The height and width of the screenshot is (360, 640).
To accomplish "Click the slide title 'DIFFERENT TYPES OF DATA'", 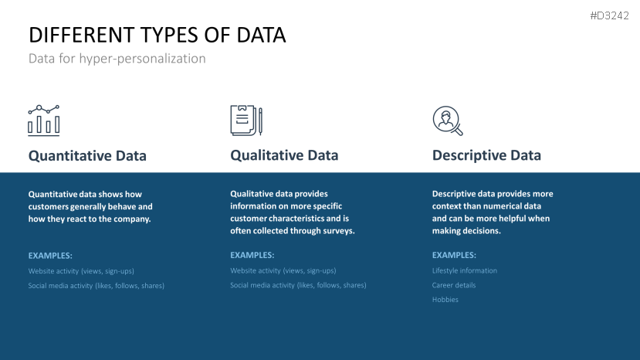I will coord(157,35).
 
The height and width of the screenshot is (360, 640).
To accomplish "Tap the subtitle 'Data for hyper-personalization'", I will coord(117,59).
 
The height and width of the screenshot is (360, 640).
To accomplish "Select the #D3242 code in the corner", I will coord(615,15).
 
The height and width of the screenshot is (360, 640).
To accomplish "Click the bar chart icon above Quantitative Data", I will coord(44,121).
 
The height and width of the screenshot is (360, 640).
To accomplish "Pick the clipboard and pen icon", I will coord(246,121).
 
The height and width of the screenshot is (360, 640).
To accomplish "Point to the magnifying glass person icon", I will coord(447,121).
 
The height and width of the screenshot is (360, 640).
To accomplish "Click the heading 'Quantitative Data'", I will coord(87,156).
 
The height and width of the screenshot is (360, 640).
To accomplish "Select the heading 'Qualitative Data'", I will coord(284,155).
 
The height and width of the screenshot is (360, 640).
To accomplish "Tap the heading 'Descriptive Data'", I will coord(486,156).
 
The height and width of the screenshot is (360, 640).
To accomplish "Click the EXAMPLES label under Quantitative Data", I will coord(50,255).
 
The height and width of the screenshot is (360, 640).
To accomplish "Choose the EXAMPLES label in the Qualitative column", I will coord(252,255).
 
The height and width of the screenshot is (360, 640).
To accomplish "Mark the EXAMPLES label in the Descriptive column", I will coord(454,255).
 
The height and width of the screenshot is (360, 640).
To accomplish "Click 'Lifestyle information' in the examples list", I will coord(465,271).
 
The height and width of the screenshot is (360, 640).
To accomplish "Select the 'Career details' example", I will coord(454,285).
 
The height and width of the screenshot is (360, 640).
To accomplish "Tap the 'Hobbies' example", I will coord(445,300).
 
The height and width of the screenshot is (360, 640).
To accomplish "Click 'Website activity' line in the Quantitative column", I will coord(86,271).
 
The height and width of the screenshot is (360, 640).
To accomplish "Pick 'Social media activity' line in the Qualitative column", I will coord(298,285).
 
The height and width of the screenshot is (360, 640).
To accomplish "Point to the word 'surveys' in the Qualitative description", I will coord(337,231).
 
